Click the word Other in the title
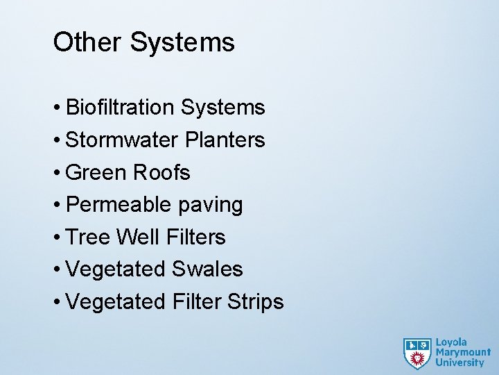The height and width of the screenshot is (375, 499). click(x=87, y=42)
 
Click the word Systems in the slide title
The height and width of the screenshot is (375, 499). click(x=182, y=42)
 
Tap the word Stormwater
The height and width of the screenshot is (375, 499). click(x=122, y=140)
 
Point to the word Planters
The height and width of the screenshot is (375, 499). click(x=225, y=140)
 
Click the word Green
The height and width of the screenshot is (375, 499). click(x=96, y=172)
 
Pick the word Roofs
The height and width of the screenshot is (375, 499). click(x=161, y=172)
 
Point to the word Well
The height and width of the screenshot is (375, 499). click(x=138, y=237)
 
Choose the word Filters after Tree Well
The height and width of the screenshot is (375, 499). click(x=196, y=237)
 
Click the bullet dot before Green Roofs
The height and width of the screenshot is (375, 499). click(x=56, y=173)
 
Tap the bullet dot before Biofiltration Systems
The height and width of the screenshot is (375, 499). click(x=56, y=108)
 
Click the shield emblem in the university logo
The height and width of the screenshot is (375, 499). click(x=417, y=353)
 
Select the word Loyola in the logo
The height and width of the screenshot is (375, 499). click(x=451, y=342)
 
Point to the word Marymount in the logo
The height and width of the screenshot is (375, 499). click(x=462, y=352)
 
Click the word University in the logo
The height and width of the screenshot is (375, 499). click(x=459, y=362)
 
